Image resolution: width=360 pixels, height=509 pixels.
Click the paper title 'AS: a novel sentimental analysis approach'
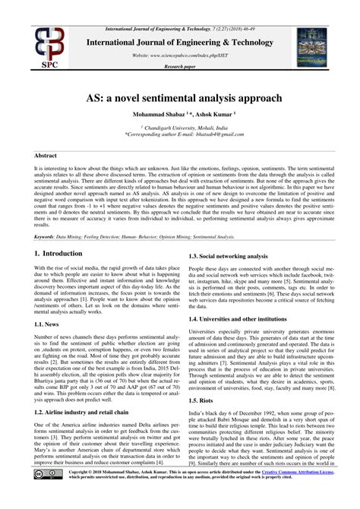(180, 98)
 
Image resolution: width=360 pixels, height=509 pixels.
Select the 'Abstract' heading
(46, 155)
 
